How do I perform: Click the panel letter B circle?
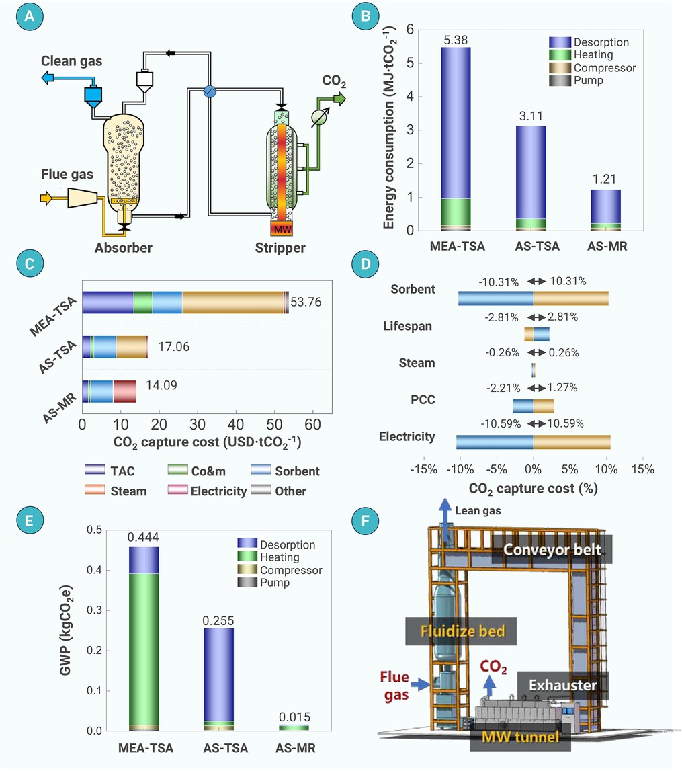[366, 16]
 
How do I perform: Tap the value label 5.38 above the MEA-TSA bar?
[456, 40]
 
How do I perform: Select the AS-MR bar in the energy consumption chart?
[605, 210]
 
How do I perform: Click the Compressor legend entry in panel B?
[593, 68]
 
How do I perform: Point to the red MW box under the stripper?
[282, 229]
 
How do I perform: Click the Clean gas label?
[72, 61]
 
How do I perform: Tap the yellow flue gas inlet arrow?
[46, 198]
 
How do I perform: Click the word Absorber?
[124, 248]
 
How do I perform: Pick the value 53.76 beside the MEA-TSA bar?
[306, 302]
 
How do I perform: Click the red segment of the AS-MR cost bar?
[125, 391]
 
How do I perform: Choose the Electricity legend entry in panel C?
[208, 491]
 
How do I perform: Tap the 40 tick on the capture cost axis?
[236, 424]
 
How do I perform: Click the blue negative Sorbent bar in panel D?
[496, 298]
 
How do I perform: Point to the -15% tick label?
[423, 469]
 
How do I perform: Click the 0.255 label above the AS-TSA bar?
[218, 620]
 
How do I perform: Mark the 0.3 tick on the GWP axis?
[94, 610]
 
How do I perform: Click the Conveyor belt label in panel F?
[552, 549]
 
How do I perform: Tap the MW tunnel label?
[520, 737]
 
